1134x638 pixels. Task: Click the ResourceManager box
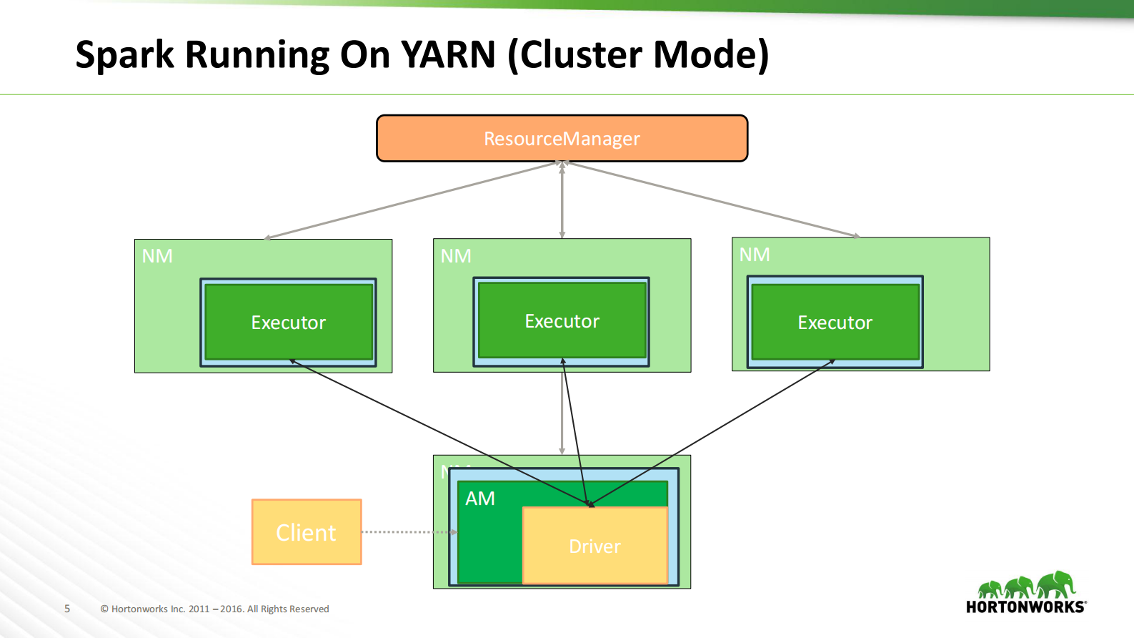[x=562, y=138]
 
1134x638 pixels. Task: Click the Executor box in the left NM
[x=288, y=323]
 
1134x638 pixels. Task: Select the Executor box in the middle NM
[x=562, y=321]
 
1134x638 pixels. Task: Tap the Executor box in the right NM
[x=835, y=323]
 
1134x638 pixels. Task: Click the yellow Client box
[x=307, y=532]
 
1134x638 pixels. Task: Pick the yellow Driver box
[x=595, y=546]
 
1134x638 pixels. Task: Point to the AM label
[x=480, y=499]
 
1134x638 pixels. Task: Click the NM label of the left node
[x=157, y=256]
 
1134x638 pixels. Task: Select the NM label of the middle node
[x=456, y=256]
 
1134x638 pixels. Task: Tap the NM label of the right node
[x=755, y=255]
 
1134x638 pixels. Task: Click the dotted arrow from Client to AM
[x=407, y=532]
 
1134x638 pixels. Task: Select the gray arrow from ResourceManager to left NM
[x=411, y=201]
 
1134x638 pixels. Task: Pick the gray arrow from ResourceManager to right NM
[x=715, y=200]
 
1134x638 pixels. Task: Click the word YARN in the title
[x=448, y=54]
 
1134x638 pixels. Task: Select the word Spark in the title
[x=124, y=54]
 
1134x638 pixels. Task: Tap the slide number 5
[x=67, y=609]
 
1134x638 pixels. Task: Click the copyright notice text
[x=214, y=609]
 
